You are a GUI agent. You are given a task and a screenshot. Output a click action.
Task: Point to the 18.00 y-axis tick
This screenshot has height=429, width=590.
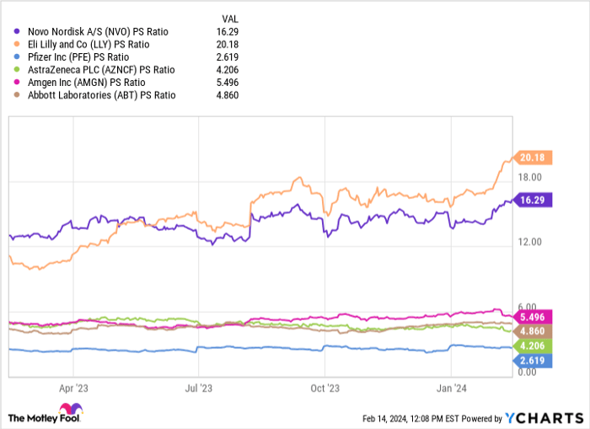(528, 177)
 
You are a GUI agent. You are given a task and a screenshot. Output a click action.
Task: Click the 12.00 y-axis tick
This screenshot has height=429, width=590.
(528, 243)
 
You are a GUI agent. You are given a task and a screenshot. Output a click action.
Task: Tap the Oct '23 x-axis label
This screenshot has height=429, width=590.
(324, 390)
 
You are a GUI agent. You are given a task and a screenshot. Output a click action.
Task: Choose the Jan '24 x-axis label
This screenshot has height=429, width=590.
(451, 390)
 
